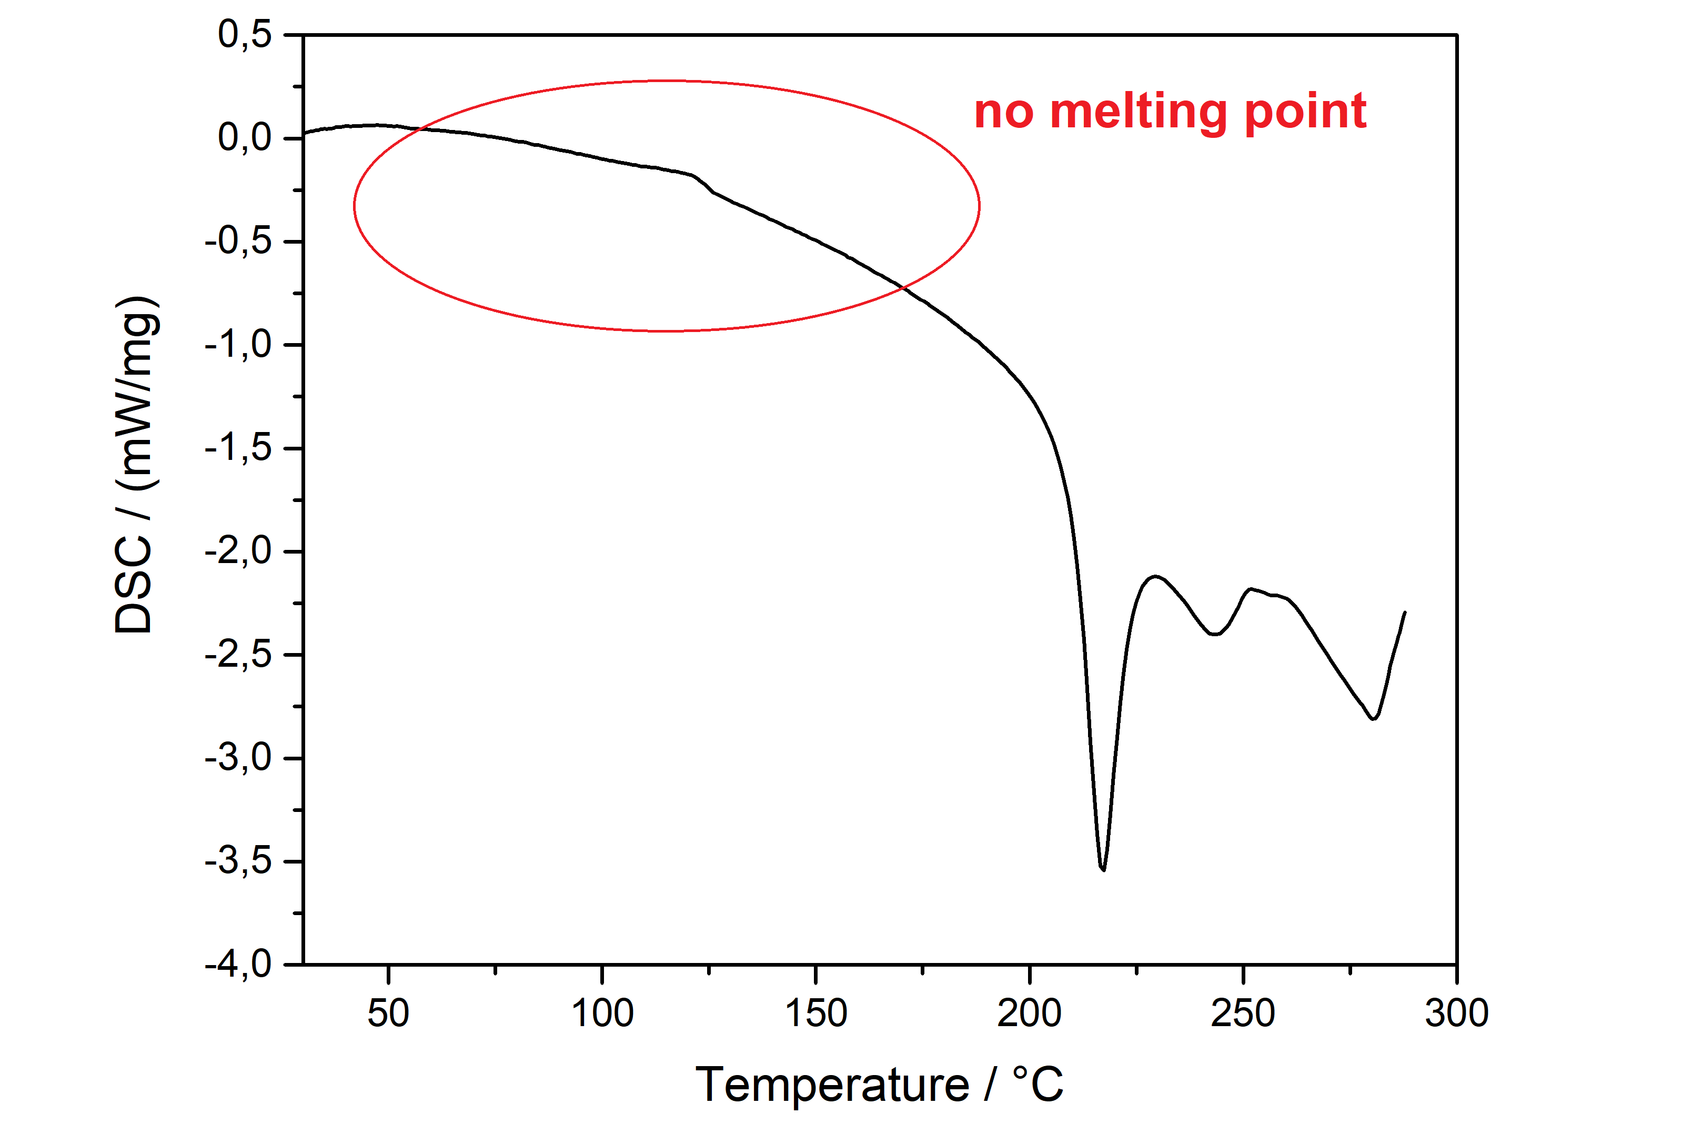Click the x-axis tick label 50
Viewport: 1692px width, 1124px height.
pyautogui.click(x=388, y=1013)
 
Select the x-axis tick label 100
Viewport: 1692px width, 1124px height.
pyautogui.click(x=602, y=1013)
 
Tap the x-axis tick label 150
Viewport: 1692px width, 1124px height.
pyautogui.click(x=815, y=1013)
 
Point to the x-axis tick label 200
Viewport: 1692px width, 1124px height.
pyautogui.click(x=1029, y=1013)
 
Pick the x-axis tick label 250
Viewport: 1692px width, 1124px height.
pyautogui.click(x=1243, y=1013)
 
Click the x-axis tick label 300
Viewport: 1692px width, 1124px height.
pyautogui.click(x=1456, y=1013)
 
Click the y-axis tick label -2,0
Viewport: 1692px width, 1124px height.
pyautogui.click(x=238, y=551)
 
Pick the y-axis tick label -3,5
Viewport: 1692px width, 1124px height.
pyautogui.click(x=238, y=861)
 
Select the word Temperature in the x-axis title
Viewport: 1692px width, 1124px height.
pyautogui.click(x=832, y=1085)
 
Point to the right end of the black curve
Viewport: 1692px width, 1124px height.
pyautogui.click(x=1405, y=612)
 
